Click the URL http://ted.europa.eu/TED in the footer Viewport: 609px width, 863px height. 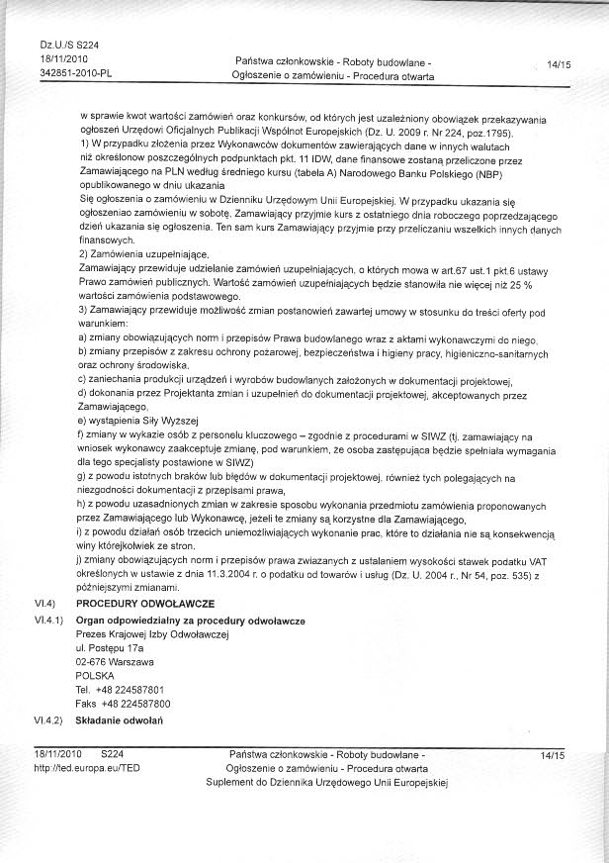tap(75, 768)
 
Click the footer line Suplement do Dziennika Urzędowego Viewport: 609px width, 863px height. tap(327, 782)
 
